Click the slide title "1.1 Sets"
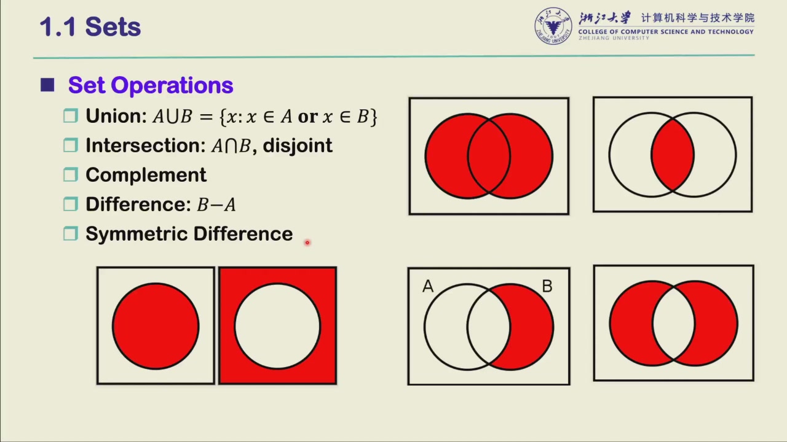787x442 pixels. (x=90, y=26)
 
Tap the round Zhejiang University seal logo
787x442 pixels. (x=553, y=26)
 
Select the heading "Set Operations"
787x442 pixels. (x=151, y=85)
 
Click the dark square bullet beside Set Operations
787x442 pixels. (x=47, y=85)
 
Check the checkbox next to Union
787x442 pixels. (x=70, y=116)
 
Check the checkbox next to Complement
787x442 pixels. (x=70, y=175)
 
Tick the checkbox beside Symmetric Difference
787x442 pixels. (x=70, y=234)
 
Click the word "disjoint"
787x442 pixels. (x=297, y=145)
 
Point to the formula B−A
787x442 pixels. (x=216, y=205)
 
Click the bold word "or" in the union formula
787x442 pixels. (x=308, y=117)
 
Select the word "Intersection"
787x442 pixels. (x=144, y=145)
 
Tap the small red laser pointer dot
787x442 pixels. (x=307, y=242)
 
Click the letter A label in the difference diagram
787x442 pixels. (x=428, y=286)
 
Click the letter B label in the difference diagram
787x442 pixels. (x=547, y=286)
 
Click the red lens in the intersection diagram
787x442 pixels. (x=673, y=155)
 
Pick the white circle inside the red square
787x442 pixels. (x=277, y=326)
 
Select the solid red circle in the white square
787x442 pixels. (x=156, y=326)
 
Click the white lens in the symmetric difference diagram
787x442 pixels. (x=673, y=324)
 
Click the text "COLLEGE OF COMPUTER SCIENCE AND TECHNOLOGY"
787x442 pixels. (x=666, y=32)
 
